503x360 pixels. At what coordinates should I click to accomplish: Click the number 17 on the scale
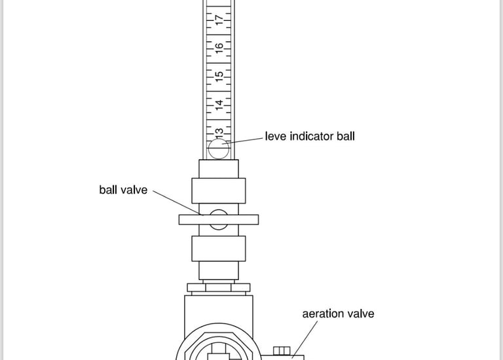coord(220,20)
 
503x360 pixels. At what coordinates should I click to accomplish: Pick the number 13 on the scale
coord(220,131)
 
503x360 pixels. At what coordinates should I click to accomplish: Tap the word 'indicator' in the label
coord(312,137)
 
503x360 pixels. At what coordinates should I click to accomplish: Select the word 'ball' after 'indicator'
coord(345,137)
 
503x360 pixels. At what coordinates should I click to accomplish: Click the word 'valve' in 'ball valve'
coord(134,190)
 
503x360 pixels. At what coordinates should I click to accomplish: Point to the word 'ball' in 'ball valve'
coord(109,190)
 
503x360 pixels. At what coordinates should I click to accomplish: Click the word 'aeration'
coord(324,314)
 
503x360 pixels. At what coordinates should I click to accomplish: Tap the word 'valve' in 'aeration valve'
coord(361,314)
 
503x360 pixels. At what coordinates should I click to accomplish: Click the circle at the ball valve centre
coord(219,219)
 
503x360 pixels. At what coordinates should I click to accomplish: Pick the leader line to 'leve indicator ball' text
coord(246,139)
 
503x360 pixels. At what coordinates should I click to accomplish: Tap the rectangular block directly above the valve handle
coord(219,190)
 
